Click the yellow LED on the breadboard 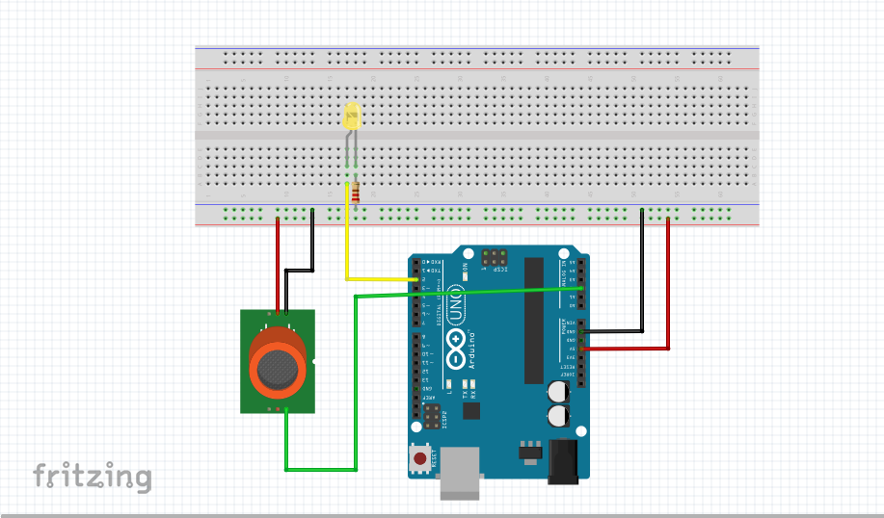(x=353, y=119)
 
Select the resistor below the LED (x=358, y=193)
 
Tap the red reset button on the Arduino (x=421, y=459)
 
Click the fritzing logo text (x=93, y=476)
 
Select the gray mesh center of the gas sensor (x=278, y=366)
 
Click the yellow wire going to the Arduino (x=347, y=250)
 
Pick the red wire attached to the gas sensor (x=279, y=260)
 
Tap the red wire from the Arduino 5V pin (x=668, y=289)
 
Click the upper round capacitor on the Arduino (x=557, y=392)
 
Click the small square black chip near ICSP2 (x=470, y=411)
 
